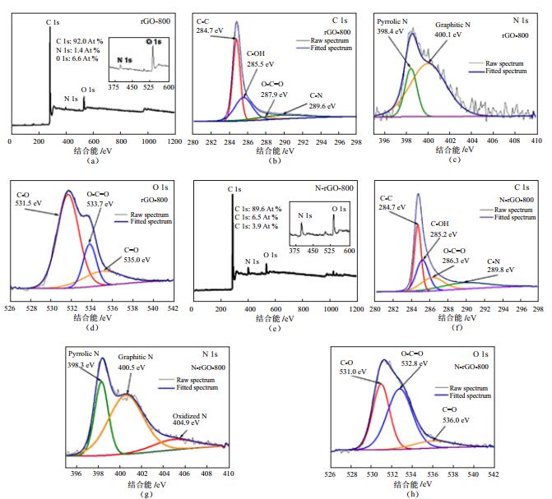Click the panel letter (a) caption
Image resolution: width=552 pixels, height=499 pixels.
coord(91,161)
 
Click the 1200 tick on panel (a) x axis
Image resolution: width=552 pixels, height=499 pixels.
coord(172,141)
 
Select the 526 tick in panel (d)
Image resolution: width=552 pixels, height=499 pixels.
coord(10,309)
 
